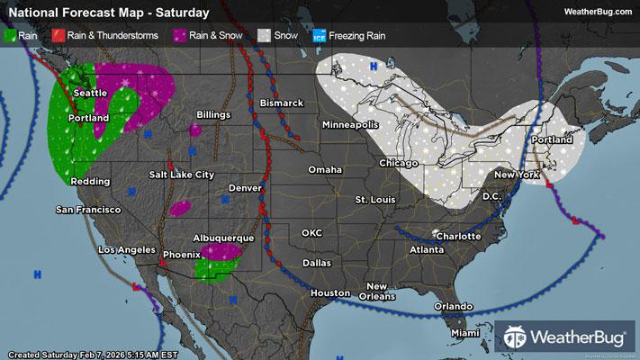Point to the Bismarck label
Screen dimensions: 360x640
(x=282, y=103)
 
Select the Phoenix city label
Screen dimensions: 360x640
(x=180, y=255)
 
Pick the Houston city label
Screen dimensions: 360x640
(x=329, y=293)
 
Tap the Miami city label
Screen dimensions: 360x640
(x=465, y=333)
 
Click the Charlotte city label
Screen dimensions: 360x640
(x=455, y=237)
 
